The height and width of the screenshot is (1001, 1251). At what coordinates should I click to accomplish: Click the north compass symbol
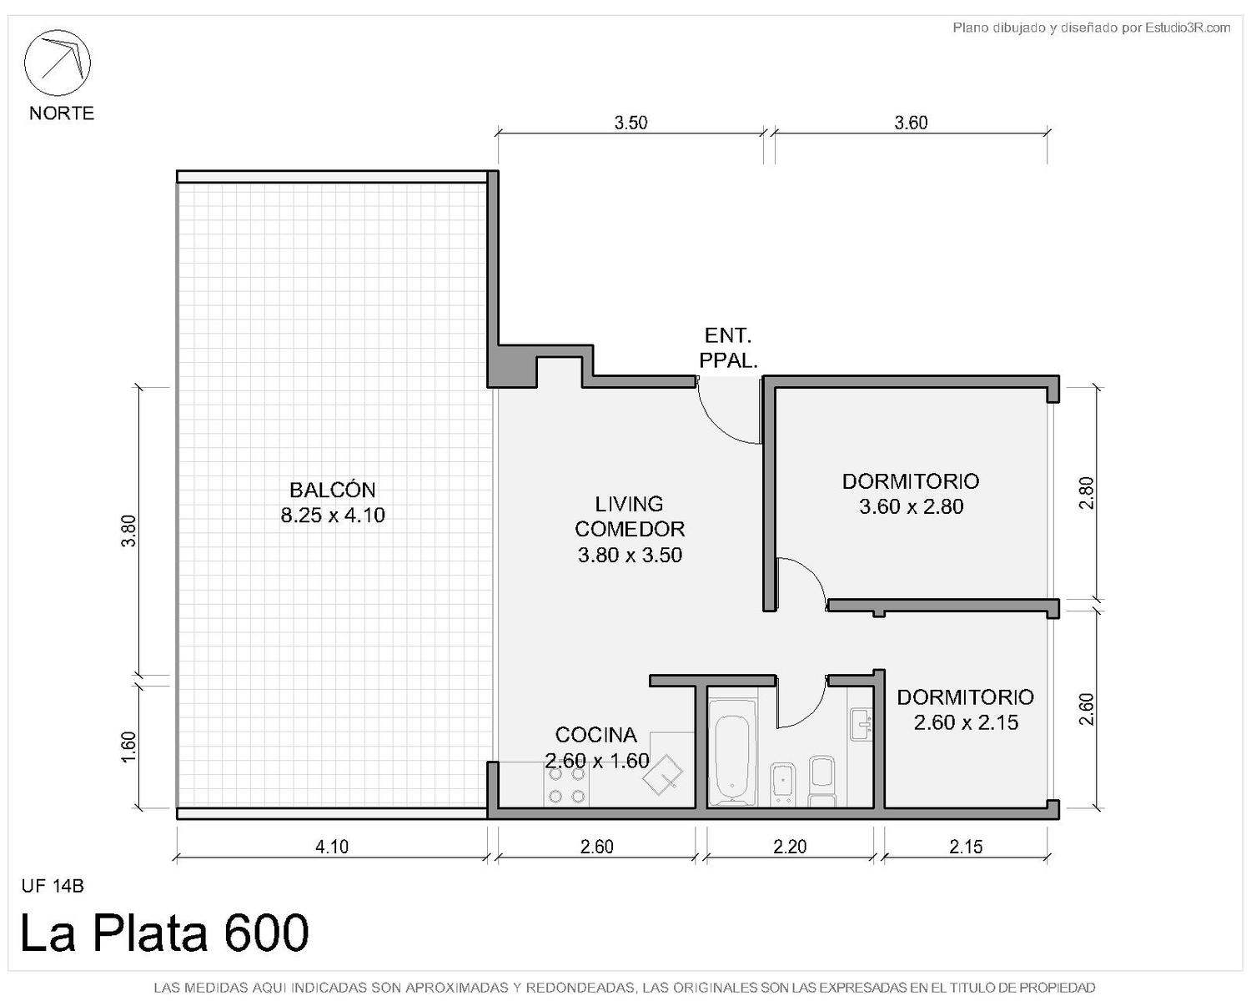57,63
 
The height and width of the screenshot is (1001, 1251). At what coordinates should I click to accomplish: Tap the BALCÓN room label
333,490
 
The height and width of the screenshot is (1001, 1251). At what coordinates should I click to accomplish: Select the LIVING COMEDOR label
630,516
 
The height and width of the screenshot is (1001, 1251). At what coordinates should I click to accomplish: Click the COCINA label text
595,735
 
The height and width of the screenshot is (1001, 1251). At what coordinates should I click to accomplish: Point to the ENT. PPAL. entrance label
728,348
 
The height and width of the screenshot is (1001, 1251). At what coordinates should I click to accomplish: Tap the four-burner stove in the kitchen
566,785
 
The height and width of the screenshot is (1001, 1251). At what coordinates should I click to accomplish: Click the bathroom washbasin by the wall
860,725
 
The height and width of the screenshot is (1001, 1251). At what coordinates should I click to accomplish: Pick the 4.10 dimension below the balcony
332,847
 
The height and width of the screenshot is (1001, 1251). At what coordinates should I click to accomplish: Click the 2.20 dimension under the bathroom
790,847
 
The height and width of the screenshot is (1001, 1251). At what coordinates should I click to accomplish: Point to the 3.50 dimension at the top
631,123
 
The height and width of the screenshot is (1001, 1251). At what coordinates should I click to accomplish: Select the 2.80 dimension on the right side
1086,493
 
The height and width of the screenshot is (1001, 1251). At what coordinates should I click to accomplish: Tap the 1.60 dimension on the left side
129,747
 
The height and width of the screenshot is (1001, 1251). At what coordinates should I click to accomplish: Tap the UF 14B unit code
53,886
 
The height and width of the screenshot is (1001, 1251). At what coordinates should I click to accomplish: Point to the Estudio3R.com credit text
1188,28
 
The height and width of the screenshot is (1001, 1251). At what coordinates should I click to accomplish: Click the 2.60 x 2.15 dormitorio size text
966,722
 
